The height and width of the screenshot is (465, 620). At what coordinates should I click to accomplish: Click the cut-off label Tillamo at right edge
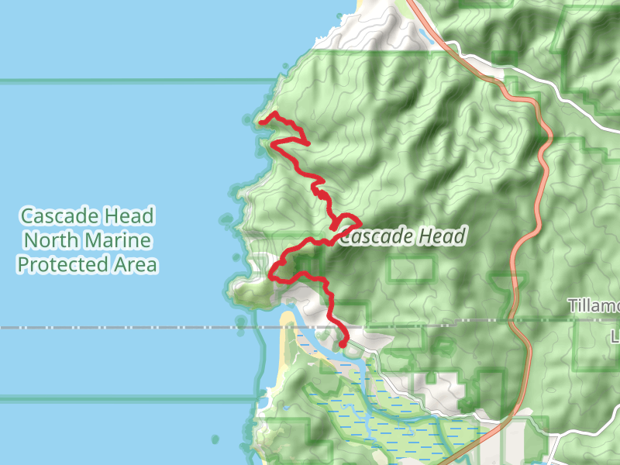click(x=594, y=305)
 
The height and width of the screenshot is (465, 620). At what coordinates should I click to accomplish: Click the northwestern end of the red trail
click(x=261, y=122)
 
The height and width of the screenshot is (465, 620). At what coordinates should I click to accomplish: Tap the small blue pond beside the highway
click(x=425, y=34)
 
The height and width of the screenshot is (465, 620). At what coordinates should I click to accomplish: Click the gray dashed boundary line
click(x=155, y=328)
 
